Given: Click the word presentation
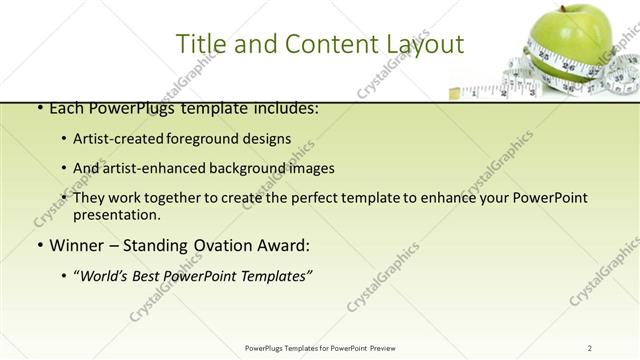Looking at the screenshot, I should tap(116, 215).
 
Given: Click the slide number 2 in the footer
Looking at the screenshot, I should tap(590, 348).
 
